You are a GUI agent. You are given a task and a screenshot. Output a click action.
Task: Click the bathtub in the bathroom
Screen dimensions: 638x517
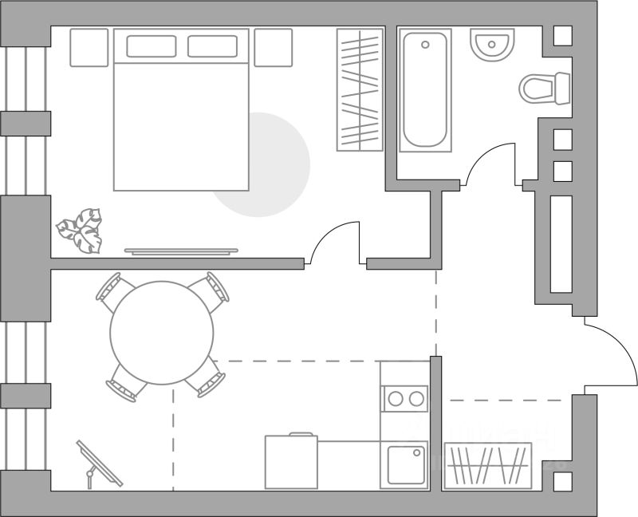pos(425,89)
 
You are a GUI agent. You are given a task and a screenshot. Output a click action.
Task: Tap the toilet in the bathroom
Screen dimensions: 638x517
pos(545,89)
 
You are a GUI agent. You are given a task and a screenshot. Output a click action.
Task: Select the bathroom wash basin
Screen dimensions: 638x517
pos(492,45)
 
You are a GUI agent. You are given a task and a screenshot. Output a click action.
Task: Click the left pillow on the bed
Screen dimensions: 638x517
pos(151,46)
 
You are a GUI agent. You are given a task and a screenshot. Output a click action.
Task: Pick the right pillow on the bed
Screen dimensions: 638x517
pos(212,46)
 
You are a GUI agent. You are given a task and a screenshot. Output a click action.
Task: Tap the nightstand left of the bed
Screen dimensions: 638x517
pos(89,48)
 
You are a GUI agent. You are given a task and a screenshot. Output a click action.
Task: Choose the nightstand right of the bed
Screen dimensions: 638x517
pos(274,48)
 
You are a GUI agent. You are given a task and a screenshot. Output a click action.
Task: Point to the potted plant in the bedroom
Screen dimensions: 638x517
pos(81,231)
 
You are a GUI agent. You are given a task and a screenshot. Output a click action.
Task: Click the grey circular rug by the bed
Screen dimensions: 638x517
pos(275,172)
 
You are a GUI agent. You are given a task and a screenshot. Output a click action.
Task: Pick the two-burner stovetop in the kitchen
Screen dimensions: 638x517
pos(404,398)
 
